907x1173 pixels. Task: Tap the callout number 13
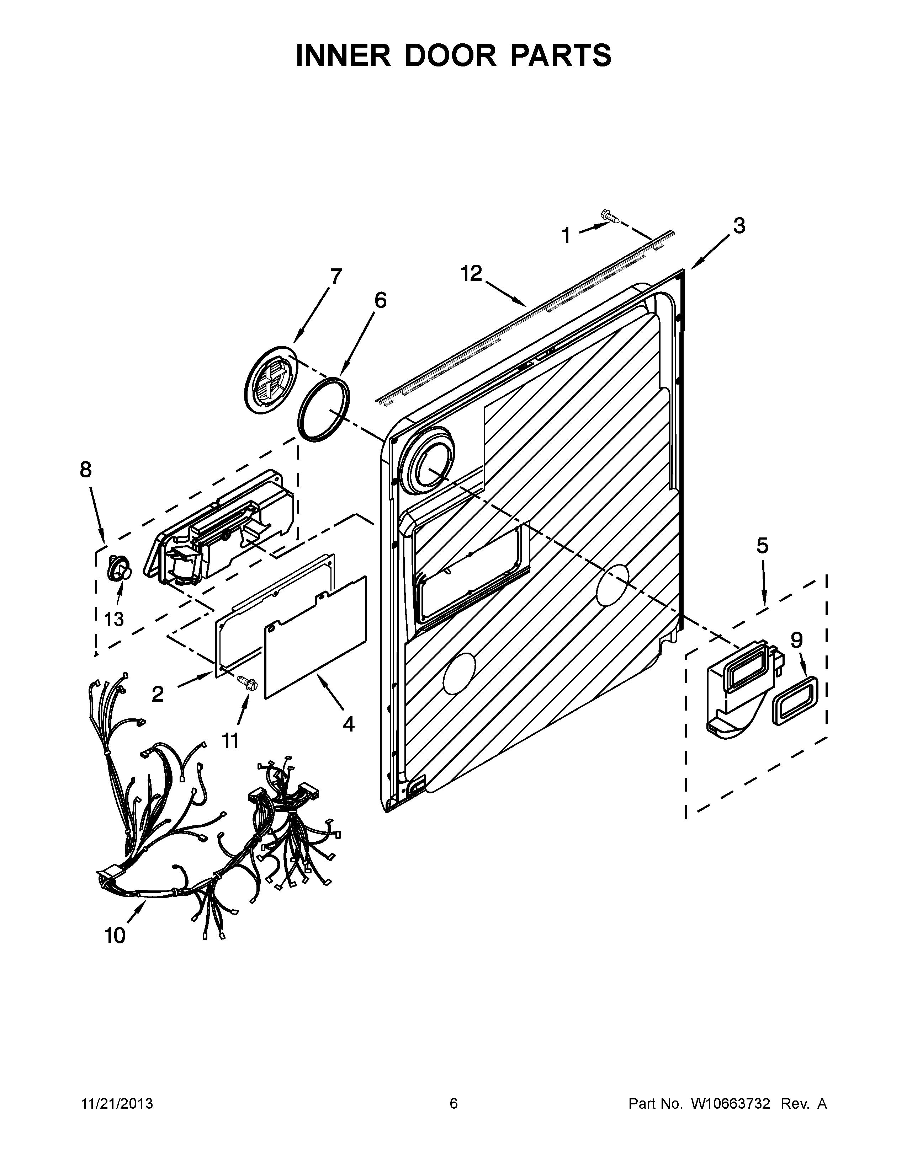click(114, 619)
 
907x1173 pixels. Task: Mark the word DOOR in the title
click(451, 56)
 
